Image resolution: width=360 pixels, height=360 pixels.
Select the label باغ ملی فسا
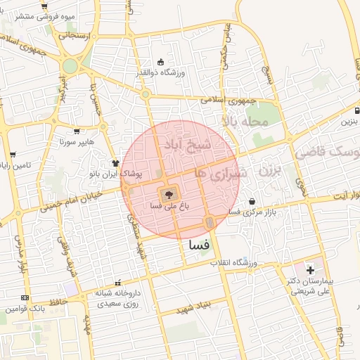pyautogui.click(x=169, y=206)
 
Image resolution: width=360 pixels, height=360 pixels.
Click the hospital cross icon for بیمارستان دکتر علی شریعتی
pyautogui.click(x=310, y=270)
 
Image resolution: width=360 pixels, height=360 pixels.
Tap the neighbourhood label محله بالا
pyautogui.click(x=246, y=122)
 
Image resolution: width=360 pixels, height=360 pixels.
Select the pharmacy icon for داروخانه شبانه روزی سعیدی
pyautogui.click(x=117, y=283)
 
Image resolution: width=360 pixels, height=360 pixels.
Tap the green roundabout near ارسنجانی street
pyautogui.click(x=70, y=67)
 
